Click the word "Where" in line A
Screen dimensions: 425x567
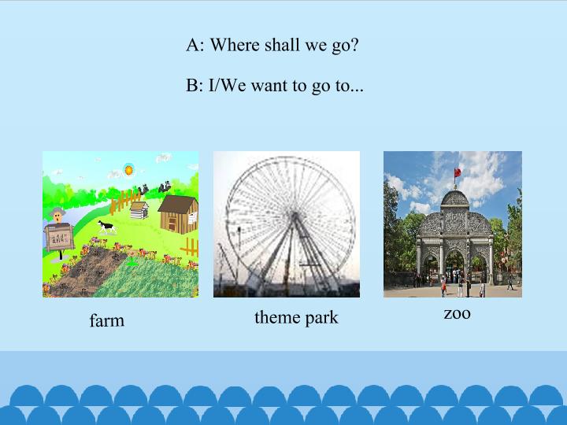tap(234, 45)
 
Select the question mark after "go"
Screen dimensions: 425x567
tap(354, 45)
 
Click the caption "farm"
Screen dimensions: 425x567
tap(106, 320)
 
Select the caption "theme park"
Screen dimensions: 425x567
tap(296, 317)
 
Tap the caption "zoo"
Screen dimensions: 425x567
tap(457, 313)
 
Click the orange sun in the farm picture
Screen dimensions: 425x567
tap(128, 169)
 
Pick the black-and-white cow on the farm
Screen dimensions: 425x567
tap(106, 227)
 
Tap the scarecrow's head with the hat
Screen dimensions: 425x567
tap(57, 216)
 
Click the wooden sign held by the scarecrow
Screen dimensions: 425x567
tap(60, 237)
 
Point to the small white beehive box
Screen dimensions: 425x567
tap(139, 210)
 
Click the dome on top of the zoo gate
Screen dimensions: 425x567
tap(454, 198)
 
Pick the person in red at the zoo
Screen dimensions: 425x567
tap(443, 284)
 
